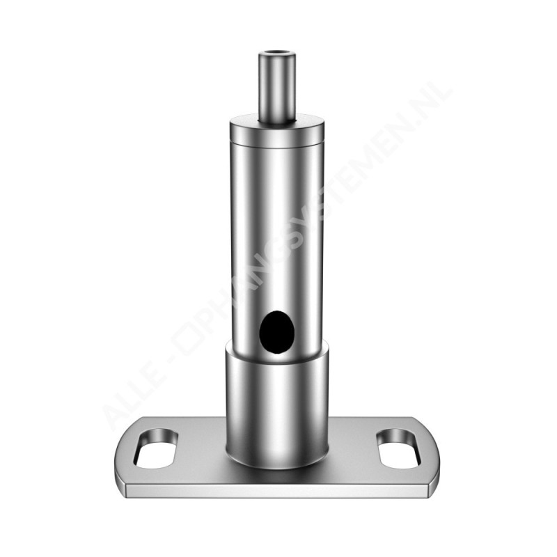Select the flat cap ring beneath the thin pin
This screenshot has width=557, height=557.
[277, 130]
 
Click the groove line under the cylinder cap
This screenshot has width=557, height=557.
[277, 143]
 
